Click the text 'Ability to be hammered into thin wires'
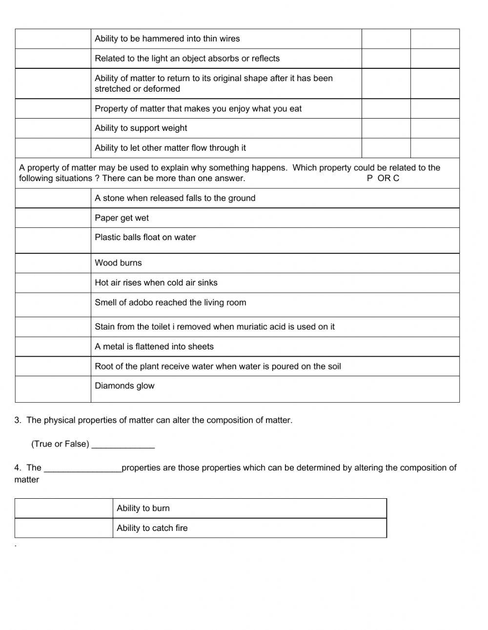[167, 39]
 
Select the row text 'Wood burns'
[118, 263]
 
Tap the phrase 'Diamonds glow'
[124, 386]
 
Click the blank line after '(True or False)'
[123, 445]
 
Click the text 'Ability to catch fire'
[152, 528]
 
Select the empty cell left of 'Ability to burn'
[64, 508]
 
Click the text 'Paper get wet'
[122, 218]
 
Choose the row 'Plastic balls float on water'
[145, 238]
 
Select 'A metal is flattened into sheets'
[154, 347]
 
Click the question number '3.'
[18, 420]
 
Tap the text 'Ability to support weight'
[141, 128]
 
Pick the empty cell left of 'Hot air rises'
[53, 283]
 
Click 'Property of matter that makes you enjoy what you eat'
[198, 109]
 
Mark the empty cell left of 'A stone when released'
[53, 198]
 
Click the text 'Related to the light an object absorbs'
[187, 59]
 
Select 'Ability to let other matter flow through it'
[170, 148]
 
